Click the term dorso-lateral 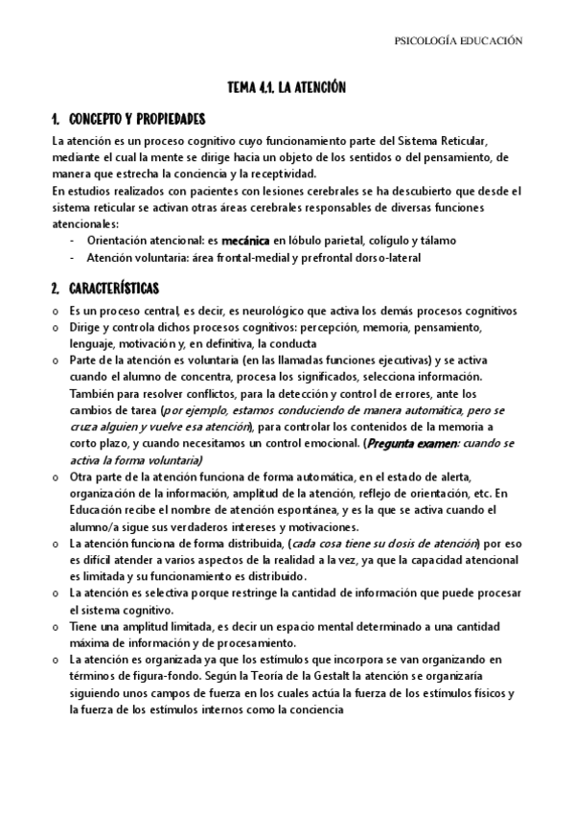pyautogui.click(x=384, y=258)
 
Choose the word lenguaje pyautogui.click(x=94, y=343)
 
